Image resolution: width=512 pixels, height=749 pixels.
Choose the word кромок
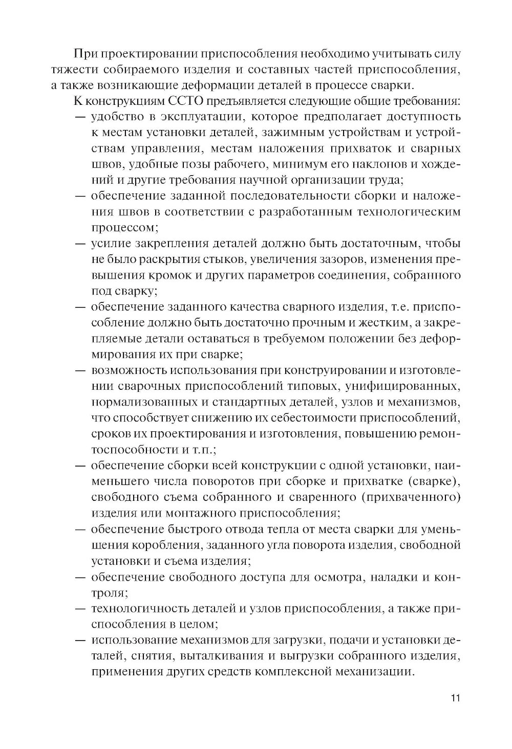click(x=145, y=275)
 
